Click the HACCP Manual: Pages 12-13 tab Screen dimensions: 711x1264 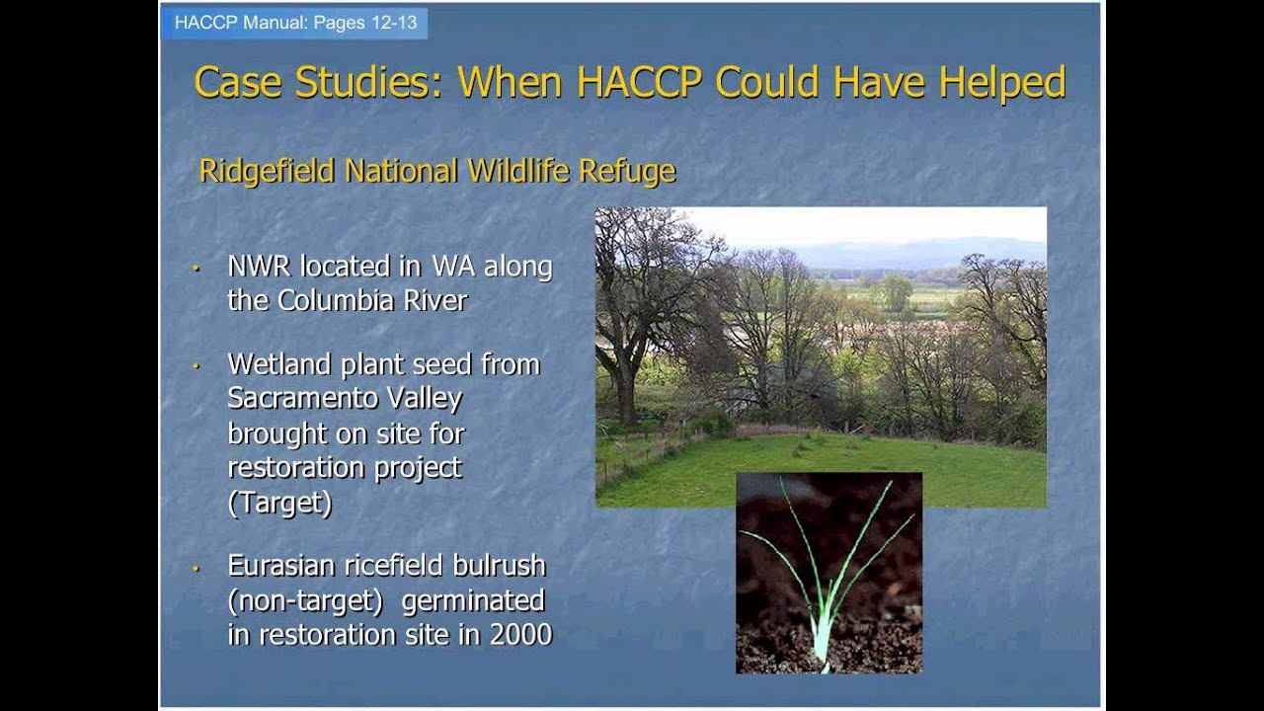(x=295, y=23)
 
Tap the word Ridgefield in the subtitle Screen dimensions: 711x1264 (x=267, y=171)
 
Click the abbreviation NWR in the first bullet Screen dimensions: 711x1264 (x=260, y=267)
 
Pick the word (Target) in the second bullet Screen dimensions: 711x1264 (x=279, y=503)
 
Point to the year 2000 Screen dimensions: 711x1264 (x=520, y=634)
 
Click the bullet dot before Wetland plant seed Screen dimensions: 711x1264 (x=197, y=365)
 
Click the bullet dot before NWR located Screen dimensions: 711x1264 (x=197, y=268)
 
